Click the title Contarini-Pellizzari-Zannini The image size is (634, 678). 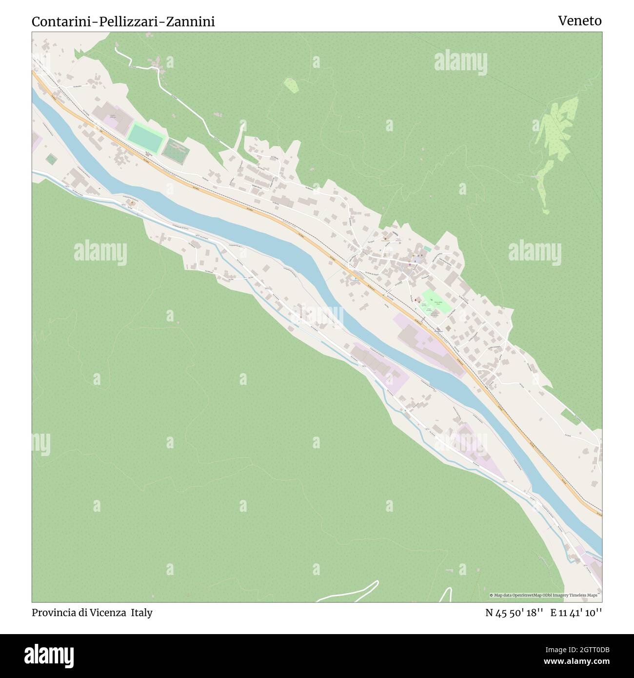(123, 21)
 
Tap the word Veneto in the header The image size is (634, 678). (580, 20)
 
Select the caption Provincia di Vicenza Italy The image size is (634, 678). (92, 613)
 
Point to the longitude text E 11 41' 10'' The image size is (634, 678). (576, 613)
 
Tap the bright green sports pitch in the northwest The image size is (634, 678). (145, 137)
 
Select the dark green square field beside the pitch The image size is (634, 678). (176, 149)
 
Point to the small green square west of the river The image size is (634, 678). (51, 160)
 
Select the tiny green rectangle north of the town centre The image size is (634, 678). (428, 249)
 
